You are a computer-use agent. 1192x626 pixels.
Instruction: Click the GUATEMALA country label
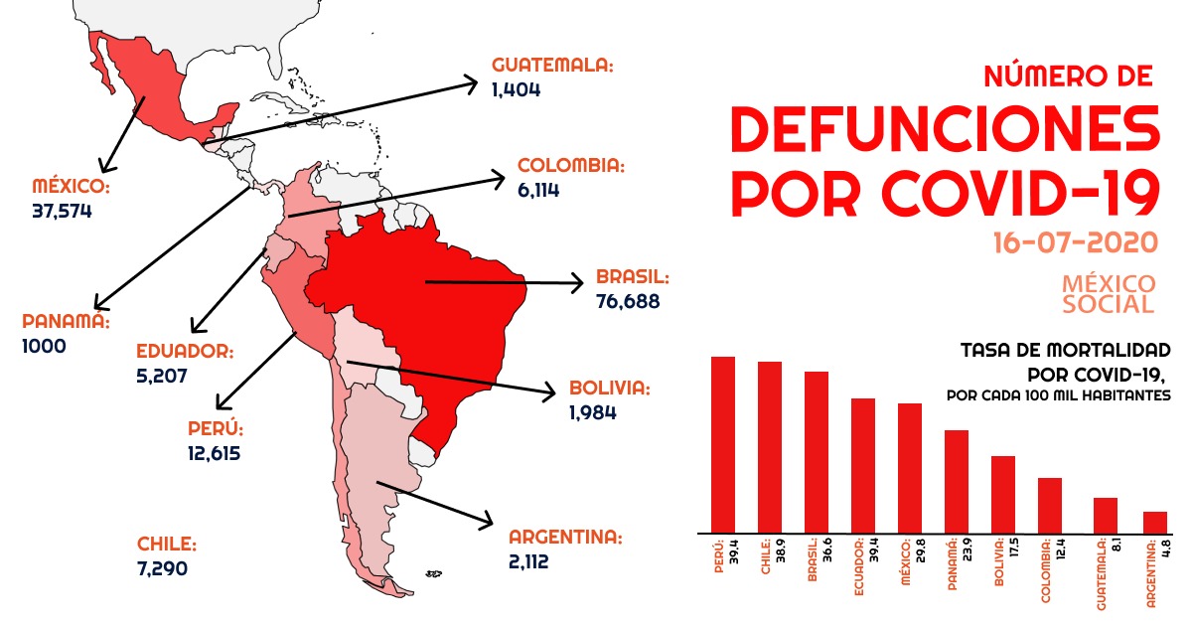pos(552,66)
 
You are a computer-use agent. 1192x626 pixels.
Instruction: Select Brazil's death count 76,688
pos(628,300)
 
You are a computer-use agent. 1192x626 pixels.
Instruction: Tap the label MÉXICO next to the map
pos(70,187)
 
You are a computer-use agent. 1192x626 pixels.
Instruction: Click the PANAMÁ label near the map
pos(64,322)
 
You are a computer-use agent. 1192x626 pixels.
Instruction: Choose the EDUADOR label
pos(185,352)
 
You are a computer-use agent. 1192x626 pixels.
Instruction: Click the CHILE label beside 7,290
pos(167,545)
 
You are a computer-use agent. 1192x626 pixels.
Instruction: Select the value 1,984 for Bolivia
pos(593,411)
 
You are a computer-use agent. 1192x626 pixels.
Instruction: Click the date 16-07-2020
pos(1074,242)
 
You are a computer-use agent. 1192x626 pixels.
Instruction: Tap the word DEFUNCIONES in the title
pos(945,129)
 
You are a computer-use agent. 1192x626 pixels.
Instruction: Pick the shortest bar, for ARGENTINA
pos(1154,522)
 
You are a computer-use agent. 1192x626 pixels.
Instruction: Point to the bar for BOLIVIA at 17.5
pos(1002,494)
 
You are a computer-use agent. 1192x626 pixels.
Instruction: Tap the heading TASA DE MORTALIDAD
pos(1065,351)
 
